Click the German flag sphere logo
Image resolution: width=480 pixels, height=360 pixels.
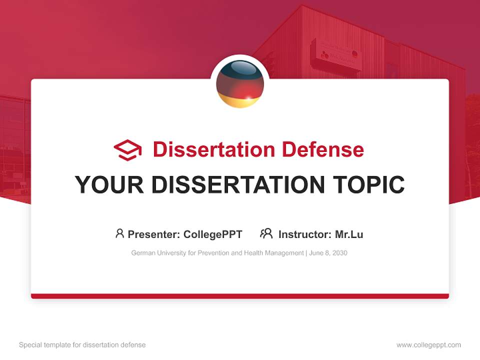pyautogui.click(x=240, y=84)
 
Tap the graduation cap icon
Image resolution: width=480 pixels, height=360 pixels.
pyautogui.click(x=127, y=150)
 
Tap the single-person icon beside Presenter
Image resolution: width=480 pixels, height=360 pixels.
pyautogui.click(x=119, y=233)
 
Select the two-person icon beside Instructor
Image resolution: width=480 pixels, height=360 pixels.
pyautogui.click(x=266, y=233)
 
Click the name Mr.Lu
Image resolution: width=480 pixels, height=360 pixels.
pyautogui.click(x=349, y=234)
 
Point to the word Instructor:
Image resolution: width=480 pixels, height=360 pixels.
pyautogui.click(x=304, y=234)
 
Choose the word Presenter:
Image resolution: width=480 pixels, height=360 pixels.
pyautogui.click(x=154, y=234)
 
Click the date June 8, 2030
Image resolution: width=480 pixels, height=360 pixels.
pyautogui.click(x=328, y=253)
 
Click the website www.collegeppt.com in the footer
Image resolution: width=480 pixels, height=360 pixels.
pyautogui.click(x=428, y=345)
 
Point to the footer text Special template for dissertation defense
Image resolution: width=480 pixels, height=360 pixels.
pyautogui.click(x=82, y=345)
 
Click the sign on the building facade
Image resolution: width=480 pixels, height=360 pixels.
pyautogui.click(x=335, y=54)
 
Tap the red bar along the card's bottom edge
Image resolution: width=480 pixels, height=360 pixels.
pyautogui.click(x=240, y=296)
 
